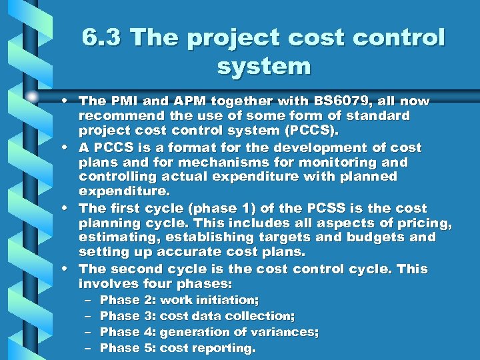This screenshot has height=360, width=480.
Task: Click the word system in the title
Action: click(x=264, y=66)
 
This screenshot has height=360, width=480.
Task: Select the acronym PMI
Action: click(x=128, y=101)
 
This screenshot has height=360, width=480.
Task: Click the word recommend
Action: click(x=114, y=116)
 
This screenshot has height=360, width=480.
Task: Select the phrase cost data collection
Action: click(x=227, y=316)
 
